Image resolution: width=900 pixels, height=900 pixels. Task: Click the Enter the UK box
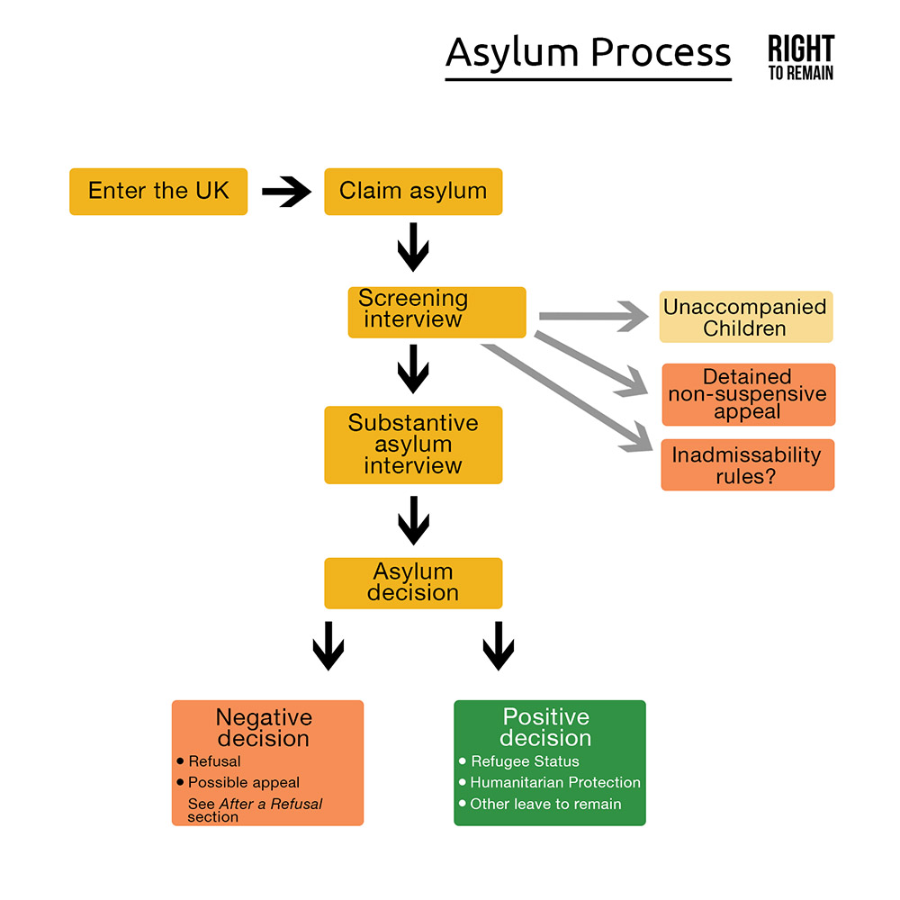[158, 191]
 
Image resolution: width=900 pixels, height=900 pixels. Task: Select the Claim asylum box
[413, 191]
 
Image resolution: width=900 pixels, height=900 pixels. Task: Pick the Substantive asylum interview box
[413, 445]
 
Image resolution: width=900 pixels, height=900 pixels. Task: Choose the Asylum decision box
[413, 583]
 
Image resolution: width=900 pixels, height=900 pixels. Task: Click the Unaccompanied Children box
[745, 317]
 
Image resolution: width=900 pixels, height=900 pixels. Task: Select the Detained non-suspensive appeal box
[748, 394]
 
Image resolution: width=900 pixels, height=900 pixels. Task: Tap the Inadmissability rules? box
[747, 464]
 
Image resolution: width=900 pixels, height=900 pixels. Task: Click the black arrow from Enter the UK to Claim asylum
[286, 191]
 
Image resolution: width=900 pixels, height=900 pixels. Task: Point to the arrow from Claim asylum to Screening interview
[413, 247]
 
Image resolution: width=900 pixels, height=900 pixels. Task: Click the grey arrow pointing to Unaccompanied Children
[594, 316]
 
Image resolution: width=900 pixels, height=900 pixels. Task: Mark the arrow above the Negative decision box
[328, 646]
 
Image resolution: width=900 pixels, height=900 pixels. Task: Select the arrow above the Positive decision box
[498, 646]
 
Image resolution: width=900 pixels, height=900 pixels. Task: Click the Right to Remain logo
[800, 58]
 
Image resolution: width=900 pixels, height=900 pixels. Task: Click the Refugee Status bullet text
[525, 761]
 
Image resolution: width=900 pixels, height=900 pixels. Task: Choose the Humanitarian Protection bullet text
[555, 783]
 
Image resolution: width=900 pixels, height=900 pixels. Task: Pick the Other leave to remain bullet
[545, 804]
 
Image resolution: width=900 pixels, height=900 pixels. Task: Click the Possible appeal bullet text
[244, 783]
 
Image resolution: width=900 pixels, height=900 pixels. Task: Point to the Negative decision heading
[264, 728]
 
